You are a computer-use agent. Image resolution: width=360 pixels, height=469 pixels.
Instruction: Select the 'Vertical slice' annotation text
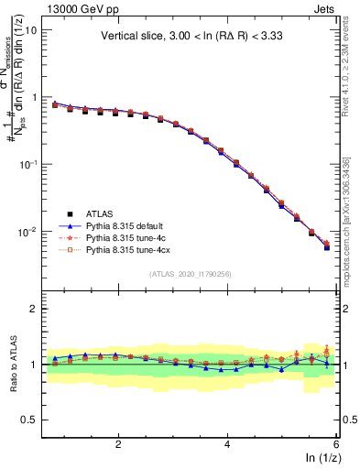coord(190,37)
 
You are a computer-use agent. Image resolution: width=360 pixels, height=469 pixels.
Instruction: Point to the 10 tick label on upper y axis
coord(30,30)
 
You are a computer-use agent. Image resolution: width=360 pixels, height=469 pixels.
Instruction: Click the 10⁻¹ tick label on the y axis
coord(27,164)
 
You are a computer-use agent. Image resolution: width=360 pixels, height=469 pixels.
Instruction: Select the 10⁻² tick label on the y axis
coord(27,232)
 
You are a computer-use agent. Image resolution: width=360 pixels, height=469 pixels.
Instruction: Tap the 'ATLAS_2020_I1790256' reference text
coord(191,275)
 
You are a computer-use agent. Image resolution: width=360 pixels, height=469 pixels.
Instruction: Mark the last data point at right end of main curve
coord(327,246)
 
